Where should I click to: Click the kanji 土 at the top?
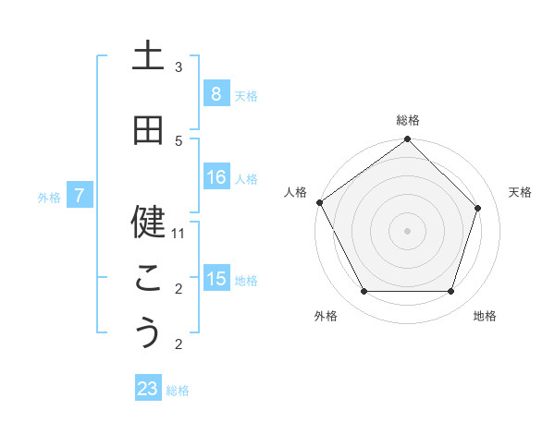(148, 54)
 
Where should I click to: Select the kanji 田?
(148, 130)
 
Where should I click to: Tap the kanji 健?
(148, 220)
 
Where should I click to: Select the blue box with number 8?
(216, 93)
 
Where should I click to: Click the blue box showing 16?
(216, 177)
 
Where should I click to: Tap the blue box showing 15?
(216, 279)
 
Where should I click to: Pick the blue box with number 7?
(80, 195)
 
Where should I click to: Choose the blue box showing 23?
(148, 389)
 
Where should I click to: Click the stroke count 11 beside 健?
(179, 234)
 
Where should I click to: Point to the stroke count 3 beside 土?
(179, 67)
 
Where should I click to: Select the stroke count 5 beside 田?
(179, 140)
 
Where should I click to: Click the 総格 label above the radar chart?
(408, 120)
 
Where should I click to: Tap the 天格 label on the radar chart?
(520, 192)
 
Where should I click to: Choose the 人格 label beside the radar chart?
(295, 192)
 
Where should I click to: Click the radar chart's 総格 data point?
(408, 140)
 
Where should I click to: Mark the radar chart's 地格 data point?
(450, 292)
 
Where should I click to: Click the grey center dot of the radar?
(408, 230)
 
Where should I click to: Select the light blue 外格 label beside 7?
(48, 197)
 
